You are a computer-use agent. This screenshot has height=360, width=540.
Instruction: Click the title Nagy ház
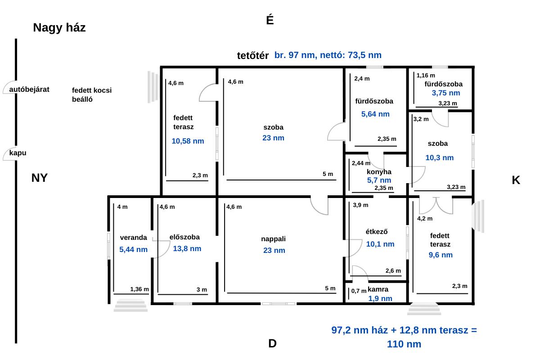[x=59, y=27]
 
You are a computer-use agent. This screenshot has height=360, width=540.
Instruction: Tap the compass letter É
[x=270, y=19]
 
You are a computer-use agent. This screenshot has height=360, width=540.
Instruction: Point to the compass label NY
[x=40, y=178]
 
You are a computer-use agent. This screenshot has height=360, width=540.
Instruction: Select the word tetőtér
[x=252, y=56]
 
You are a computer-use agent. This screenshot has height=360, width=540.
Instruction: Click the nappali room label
[x=274, y=239]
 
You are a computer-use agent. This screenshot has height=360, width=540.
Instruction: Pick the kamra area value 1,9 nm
[x=380, y=298]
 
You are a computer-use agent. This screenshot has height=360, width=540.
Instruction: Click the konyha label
[x=379, y=172]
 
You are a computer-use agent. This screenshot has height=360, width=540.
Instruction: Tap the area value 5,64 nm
[x=375, y=114]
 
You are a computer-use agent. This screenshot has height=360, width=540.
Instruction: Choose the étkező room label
[x=377, y=232]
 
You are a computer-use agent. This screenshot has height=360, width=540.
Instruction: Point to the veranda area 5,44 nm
[x=133, y=250]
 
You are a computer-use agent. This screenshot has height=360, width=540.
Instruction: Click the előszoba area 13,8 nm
[x=187, y=248]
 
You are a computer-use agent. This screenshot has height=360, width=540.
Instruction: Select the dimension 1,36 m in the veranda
[x=139, y=289]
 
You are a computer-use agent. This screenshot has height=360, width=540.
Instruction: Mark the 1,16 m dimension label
[x=426, y=76]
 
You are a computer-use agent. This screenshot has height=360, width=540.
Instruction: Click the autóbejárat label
[x=29, y=90]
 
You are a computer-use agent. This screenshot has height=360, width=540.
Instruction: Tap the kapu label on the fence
[x=18, y=153]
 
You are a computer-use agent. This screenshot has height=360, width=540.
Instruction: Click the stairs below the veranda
[x=130, y=306]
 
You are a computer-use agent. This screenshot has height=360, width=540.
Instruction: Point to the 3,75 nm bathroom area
[x=446, y=93]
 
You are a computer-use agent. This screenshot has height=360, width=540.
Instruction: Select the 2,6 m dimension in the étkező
[x=393, y=271]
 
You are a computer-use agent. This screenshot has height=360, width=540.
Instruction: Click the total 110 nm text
[x=404, y=344]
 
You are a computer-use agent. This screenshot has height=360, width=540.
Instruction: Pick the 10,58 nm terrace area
[x=188, y=141]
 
